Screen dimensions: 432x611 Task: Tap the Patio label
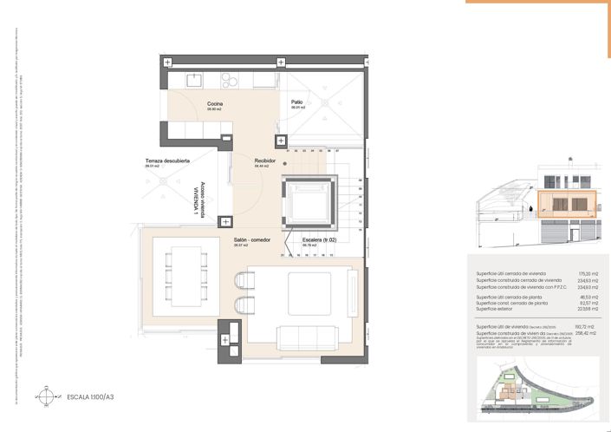(297, 102)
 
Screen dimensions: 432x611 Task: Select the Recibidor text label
(264, 161)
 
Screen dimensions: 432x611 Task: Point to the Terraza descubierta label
(167, 161)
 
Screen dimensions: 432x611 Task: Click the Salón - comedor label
(252, 239)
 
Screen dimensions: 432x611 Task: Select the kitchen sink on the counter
(196, 80)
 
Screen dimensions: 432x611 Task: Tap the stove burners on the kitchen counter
(230, 80)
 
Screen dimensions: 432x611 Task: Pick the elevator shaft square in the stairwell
(309, 204)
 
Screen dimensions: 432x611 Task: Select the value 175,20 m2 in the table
(577, 273)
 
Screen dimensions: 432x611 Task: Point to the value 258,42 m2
(577, 332)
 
